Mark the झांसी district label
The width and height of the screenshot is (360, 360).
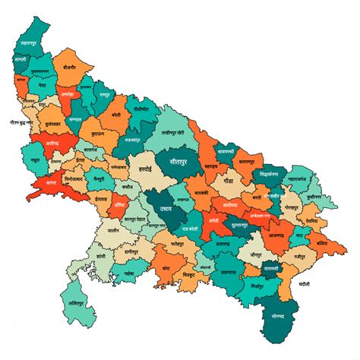point(84,257)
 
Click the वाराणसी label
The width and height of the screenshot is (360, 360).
point(272,269)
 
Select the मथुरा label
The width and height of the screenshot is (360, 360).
point(37,161)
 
